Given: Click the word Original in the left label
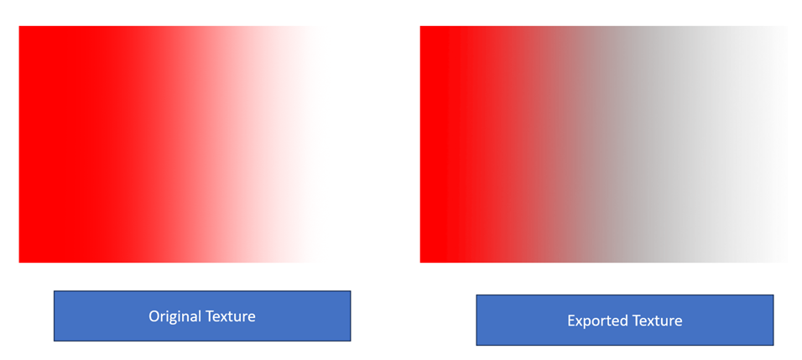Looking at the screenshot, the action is tap(175, 316).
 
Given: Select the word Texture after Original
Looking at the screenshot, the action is tap(230, 316).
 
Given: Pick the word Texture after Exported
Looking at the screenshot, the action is tap(657, 321).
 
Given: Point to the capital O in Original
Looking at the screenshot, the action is tap(154, 316).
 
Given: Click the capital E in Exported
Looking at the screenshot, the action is tap(571, 321).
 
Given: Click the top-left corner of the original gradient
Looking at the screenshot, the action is tap(19, 26).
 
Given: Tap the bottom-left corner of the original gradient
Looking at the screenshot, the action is tap(19, 263).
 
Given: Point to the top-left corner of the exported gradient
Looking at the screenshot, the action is tap(420, 26).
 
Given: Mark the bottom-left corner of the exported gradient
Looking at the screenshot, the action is tap(420, 263).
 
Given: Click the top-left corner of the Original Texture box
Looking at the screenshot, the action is tap(54, 291).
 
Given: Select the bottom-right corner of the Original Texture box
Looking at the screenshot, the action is tap(351, 341).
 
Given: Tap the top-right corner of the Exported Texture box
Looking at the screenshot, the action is tap(773, 295).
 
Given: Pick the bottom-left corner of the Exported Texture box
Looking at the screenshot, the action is tap(477, 345).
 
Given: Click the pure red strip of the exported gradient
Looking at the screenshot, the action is tap(433, 144).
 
